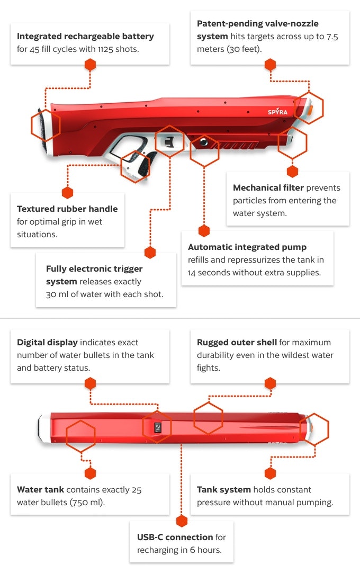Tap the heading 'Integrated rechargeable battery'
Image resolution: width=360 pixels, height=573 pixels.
tap(85, 37)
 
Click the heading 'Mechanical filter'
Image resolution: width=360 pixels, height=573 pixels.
tap(268, 188)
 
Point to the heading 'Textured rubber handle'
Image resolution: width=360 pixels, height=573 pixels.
tap(67, 209)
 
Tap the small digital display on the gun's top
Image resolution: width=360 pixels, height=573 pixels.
tap(158, 427)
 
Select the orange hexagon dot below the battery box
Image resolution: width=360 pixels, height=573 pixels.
tap(91, 65)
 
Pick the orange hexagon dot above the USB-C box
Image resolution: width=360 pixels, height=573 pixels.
tap(182, 521)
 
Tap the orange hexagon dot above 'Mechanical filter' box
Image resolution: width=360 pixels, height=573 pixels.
tap(292, 171)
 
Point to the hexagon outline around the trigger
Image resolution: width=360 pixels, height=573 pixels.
tap(169, 142)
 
